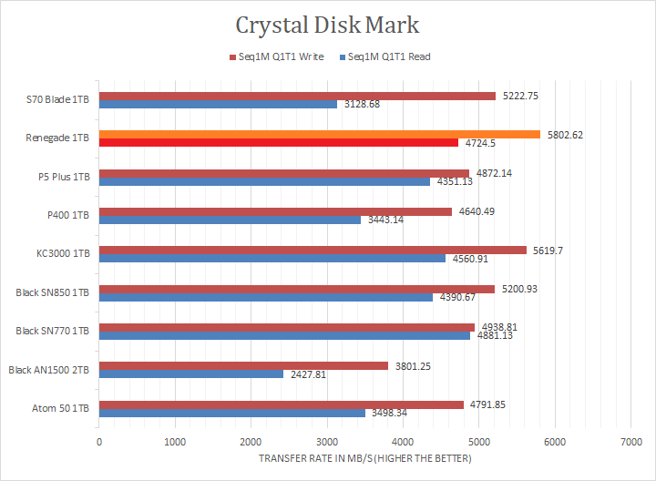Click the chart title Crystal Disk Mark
tap(328, 24)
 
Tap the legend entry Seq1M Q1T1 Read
tap(385, 56)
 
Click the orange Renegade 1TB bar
tap(319, 134)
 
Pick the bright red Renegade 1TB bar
tap(278, 142)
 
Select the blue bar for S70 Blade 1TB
tap(218, 104)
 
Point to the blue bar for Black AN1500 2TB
tap(191, 374)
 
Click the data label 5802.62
tap(566, 135)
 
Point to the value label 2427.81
tap(308, 374)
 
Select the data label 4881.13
tap(496, 336)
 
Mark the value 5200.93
tap(520, 289)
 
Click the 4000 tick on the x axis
tap(403, 443)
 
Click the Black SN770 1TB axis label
tap(53, 331)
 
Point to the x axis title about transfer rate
tap(364, 458)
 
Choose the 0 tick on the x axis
tap(99, 443)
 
